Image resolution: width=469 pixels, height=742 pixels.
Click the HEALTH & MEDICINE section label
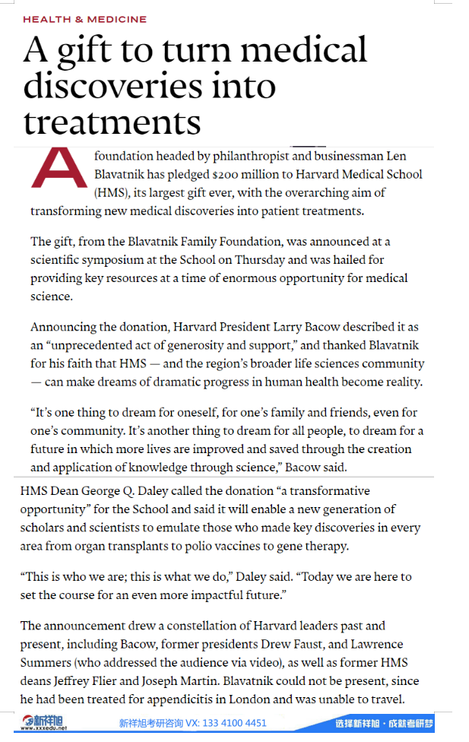(x=84, y=19)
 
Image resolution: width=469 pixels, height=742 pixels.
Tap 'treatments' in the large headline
(x=112, y=122)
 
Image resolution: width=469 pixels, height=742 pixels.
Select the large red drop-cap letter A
(x=57, y=166)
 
